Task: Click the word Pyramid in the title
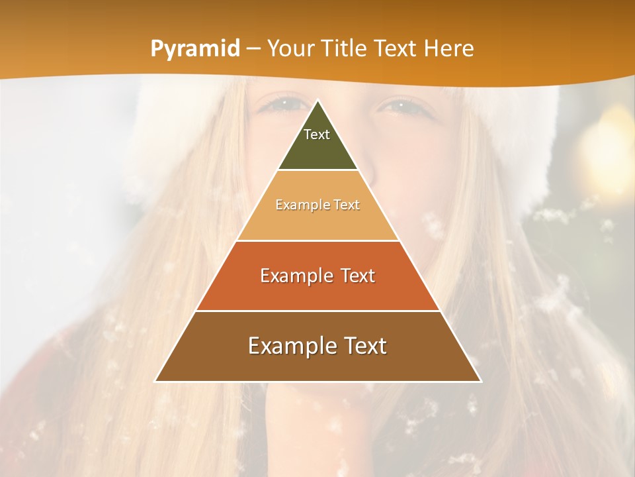pos(194,49)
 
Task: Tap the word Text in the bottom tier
pos(364,346)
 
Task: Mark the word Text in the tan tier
pos(347,205)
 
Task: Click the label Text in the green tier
pos(317,134)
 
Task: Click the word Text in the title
pos(396,49)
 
